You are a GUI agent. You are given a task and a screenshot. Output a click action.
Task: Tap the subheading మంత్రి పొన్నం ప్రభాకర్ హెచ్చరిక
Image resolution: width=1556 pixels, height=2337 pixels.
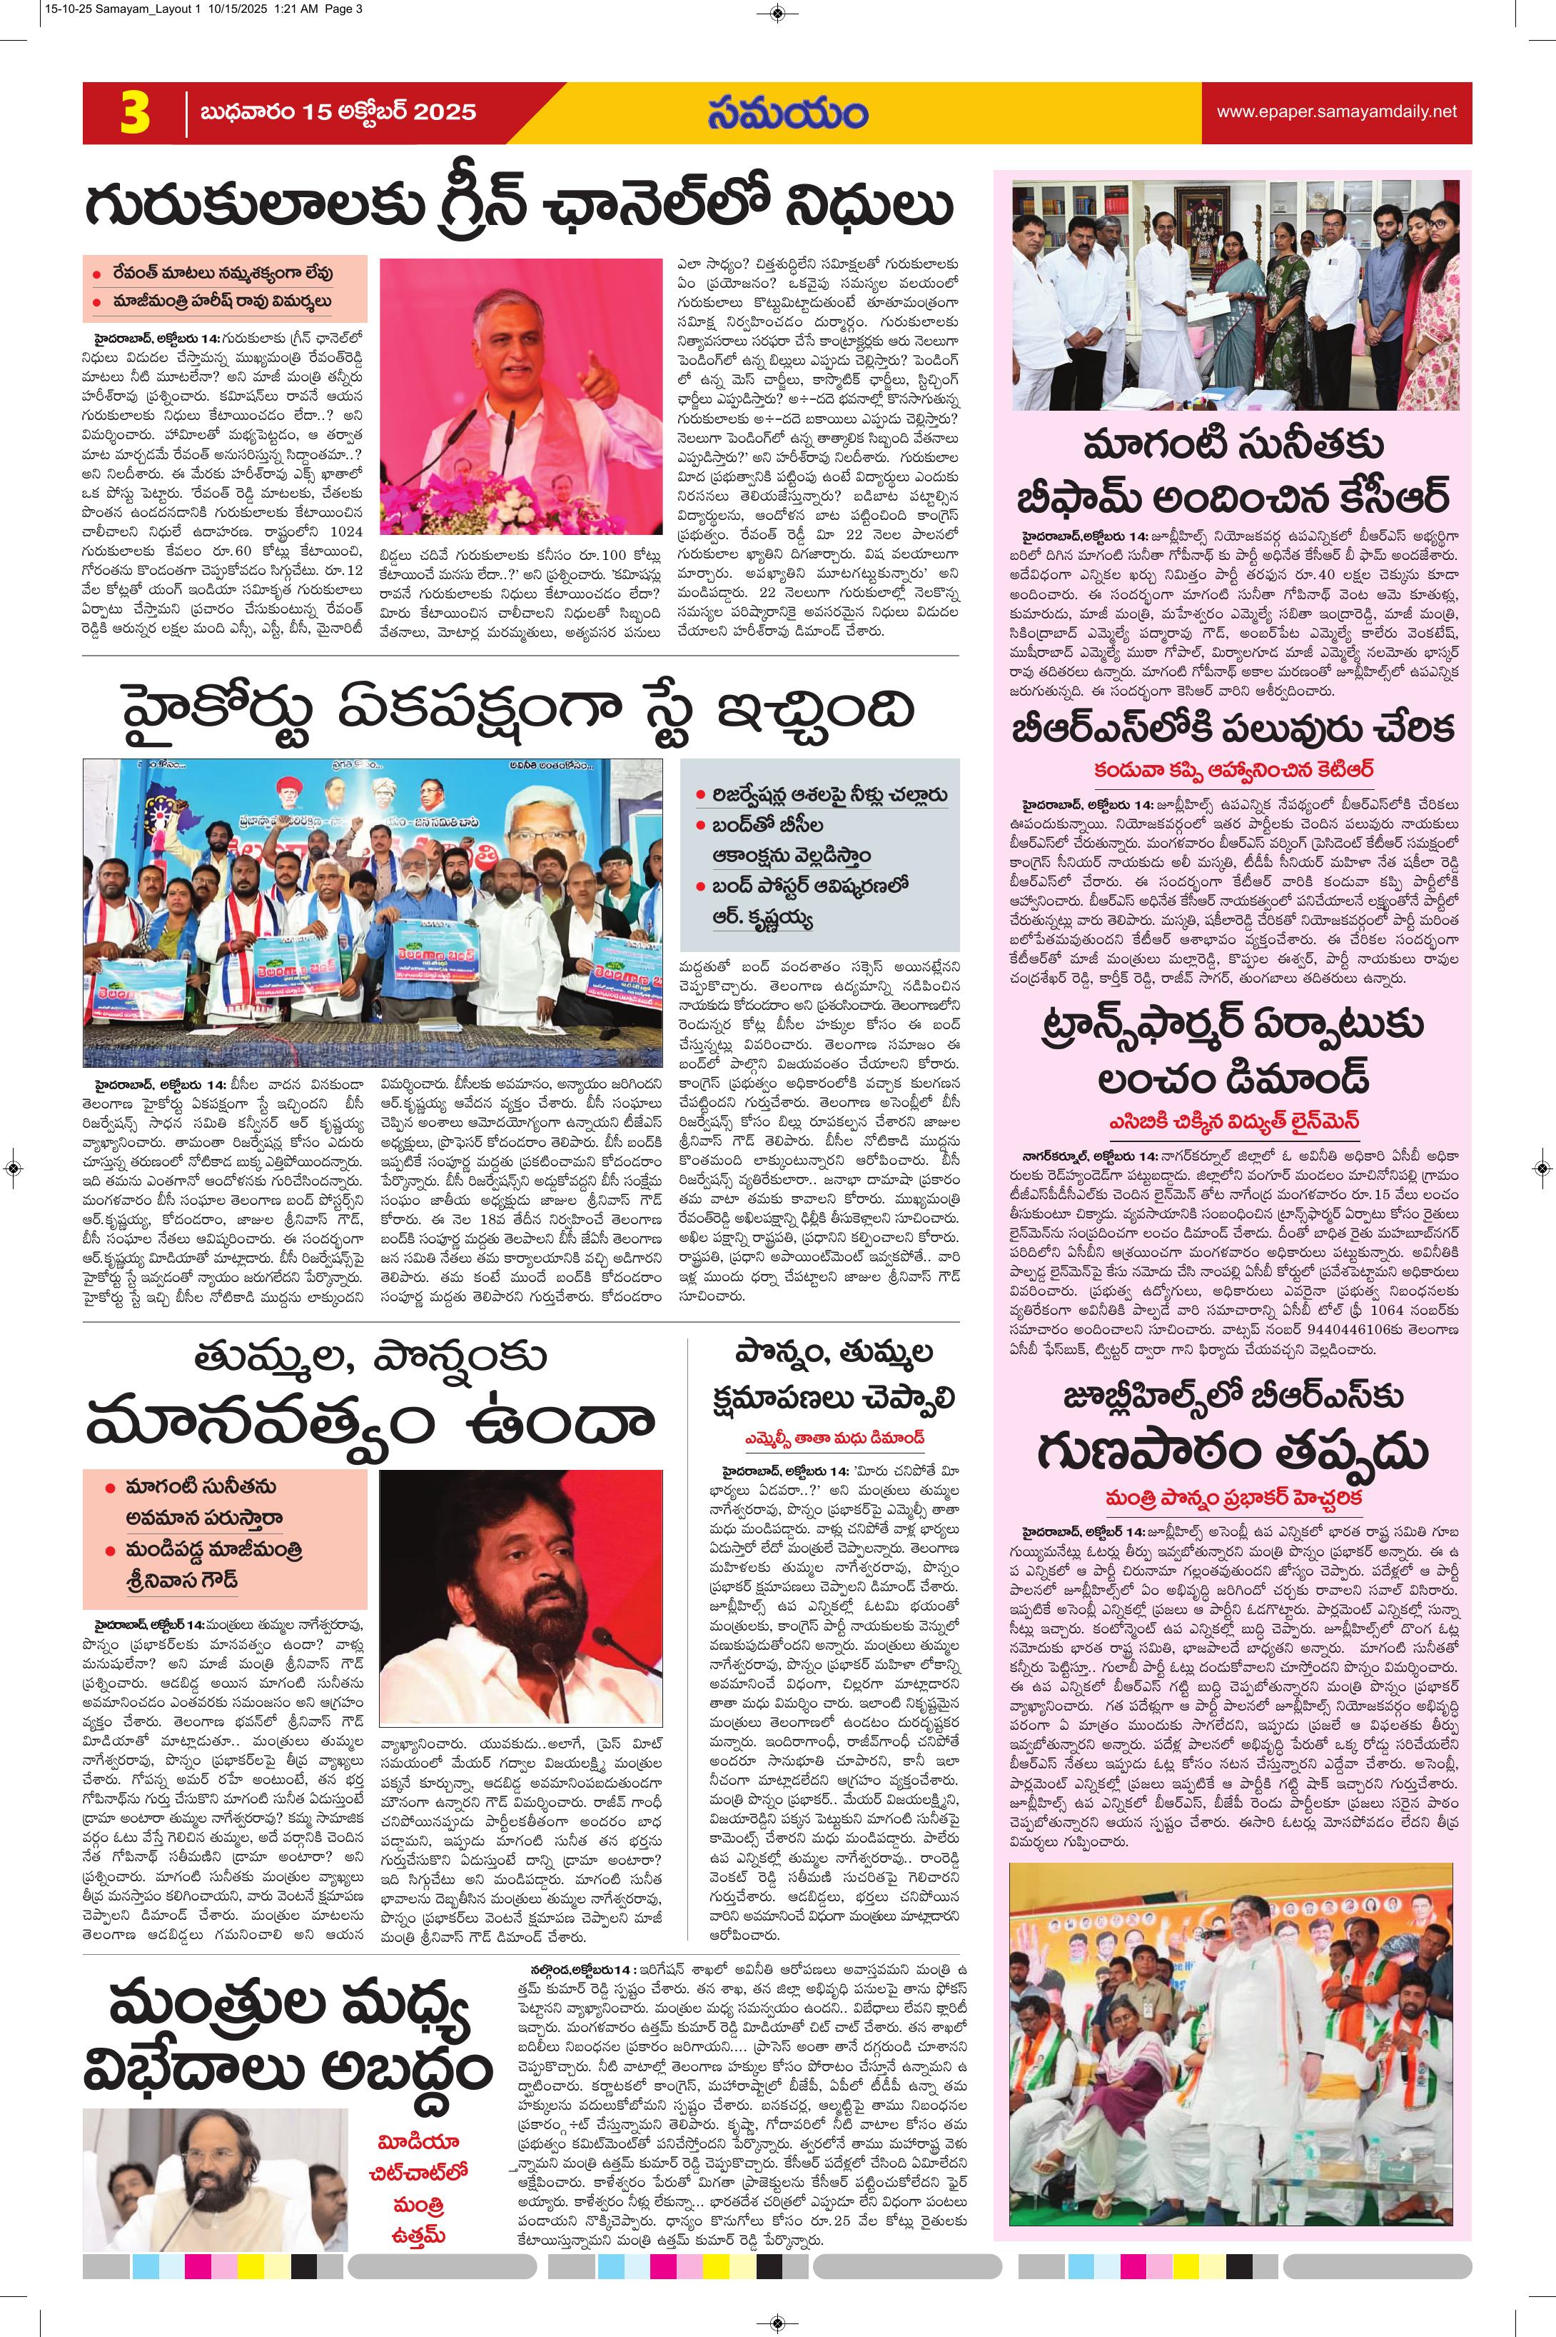point(1235,1496)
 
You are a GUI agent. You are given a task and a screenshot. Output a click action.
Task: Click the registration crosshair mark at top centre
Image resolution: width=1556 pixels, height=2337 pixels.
point(777,14)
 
